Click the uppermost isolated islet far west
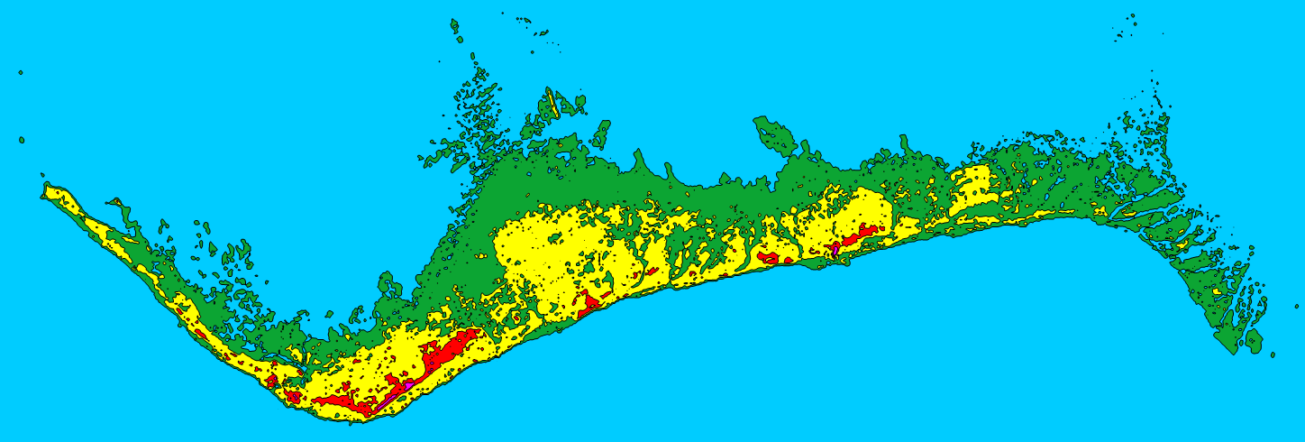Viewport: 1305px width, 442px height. tap(20, 72)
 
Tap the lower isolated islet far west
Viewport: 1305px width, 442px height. tap(22, 140)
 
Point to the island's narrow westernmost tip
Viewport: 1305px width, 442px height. tap(43, 189)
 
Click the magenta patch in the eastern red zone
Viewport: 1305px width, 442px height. tap(835, 245)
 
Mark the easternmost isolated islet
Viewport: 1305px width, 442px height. tap(1273, 355)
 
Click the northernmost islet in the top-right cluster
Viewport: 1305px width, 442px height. tap(1131, 15)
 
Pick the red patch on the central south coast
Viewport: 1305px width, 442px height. tap(590, 302)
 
